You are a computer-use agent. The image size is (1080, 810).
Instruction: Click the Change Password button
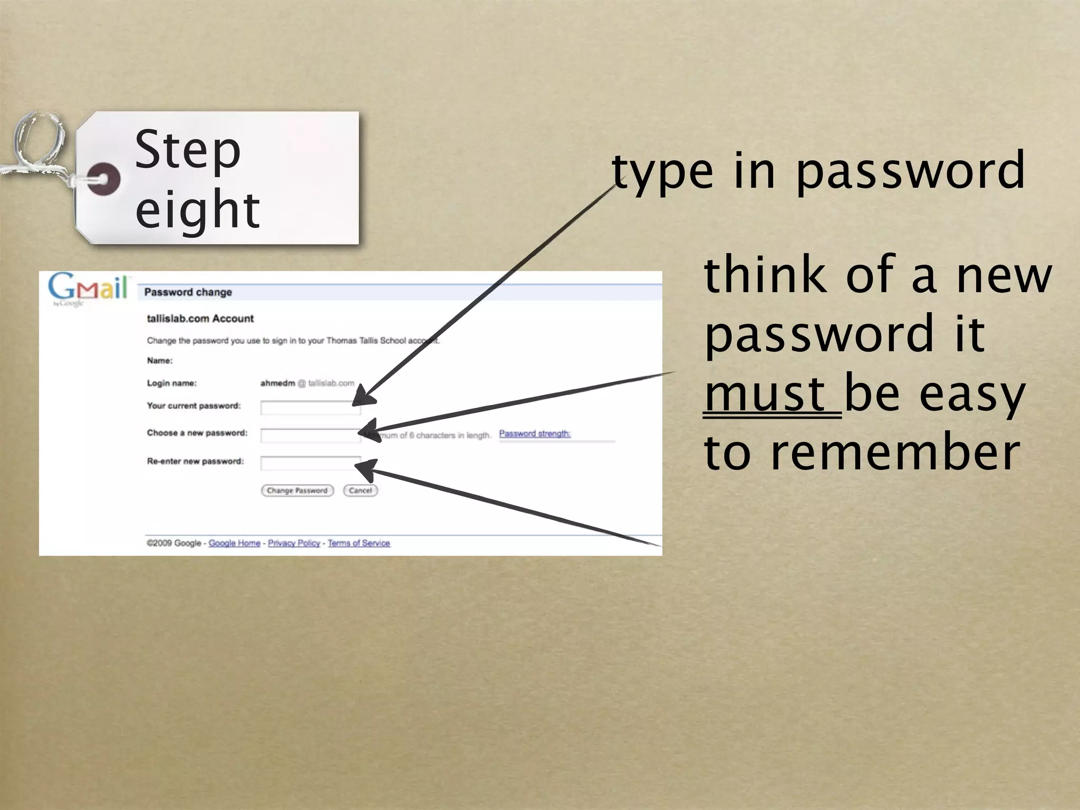click(297, 490)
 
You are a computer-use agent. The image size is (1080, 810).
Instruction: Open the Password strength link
click(535, 433)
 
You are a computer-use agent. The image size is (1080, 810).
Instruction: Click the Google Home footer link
click(234, 543)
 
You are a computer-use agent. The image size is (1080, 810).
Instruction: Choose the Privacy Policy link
click(294, 543)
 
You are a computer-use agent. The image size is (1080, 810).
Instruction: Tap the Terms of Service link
click(359, 543)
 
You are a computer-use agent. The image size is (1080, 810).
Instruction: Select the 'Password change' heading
click(188, 292)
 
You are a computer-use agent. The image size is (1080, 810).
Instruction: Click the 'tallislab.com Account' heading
click(200, 319)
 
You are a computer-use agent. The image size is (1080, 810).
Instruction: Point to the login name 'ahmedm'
click(277, 383)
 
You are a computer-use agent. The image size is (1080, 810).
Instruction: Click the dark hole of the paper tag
click(103, 179)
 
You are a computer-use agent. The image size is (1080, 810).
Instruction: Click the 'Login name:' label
click(172, 383)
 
